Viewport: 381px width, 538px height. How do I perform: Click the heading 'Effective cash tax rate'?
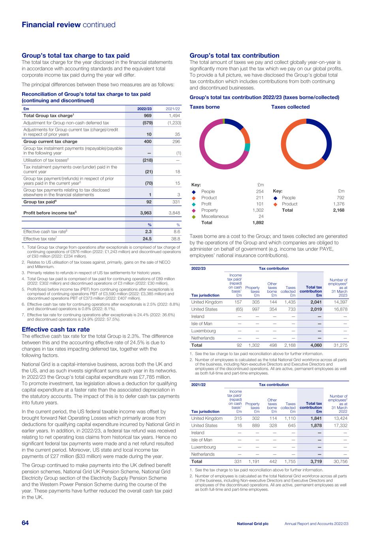pyautogui.click(x=56, y=330)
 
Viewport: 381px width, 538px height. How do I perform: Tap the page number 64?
pyautogui.click(x=25, y=523)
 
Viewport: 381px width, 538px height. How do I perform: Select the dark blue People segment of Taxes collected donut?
pyautogui.click(x=326, y=138)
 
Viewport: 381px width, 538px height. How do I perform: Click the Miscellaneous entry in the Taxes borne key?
pyautogui.click(x=215, y=216)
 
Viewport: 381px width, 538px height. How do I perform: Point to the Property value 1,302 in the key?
pyautogui.click(x=258, y=210)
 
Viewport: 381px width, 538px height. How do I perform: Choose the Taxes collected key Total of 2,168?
pyautogui.click(x=338, y=210)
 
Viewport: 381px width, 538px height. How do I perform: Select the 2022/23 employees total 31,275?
pyautogui.click(x=340, y=345)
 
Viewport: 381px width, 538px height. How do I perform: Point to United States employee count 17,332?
pyautogui.click(x=340, y=426)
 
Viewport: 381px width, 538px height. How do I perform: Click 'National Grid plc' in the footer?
pyautogui.click(x=253, y=523)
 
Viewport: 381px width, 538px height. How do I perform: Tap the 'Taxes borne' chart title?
pyautogui.click(x=205, y=107)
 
